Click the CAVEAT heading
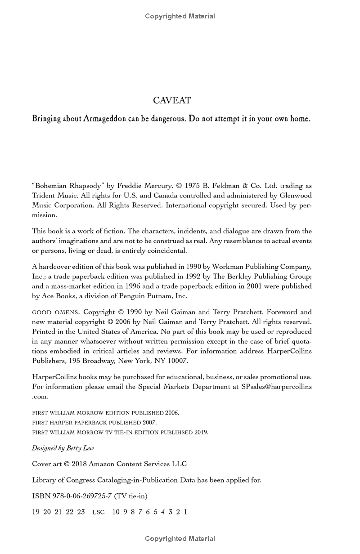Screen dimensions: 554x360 point(172,100)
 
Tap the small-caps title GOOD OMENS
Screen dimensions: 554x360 point(55,312)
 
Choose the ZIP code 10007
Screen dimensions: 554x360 point(176,361)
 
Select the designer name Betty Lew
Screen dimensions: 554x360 point(81,448)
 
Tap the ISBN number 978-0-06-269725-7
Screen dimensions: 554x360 point(81,496)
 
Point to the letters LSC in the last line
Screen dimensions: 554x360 point(99,512)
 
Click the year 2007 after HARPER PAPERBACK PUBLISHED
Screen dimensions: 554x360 point(149,423)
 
